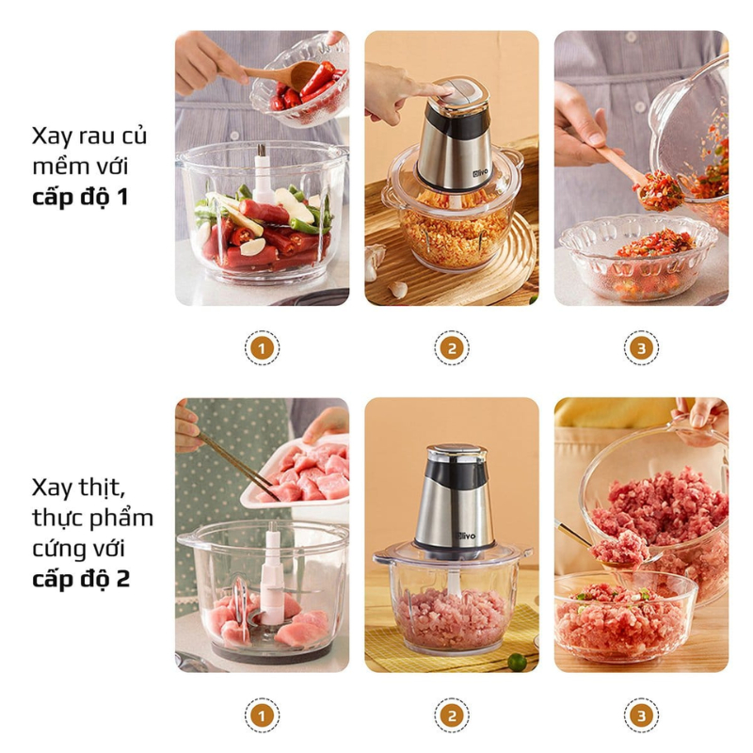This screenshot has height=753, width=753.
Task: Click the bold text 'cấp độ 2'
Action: [x=81, y=577]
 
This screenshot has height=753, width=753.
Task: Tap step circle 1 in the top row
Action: [x=262, y=348]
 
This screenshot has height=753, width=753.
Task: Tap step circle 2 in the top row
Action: [x=452, y=348]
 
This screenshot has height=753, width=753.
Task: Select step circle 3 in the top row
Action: [x=641, y=348]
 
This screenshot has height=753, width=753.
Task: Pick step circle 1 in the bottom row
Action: [x=262, y=715]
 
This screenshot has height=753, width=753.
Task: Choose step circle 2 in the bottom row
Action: [x=452, y=715]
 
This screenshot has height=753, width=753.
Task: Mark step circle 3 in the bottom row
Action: [x=641, y=715]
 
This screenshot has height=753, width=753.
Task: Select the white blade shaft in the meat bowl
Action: [x=272, y=574]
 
